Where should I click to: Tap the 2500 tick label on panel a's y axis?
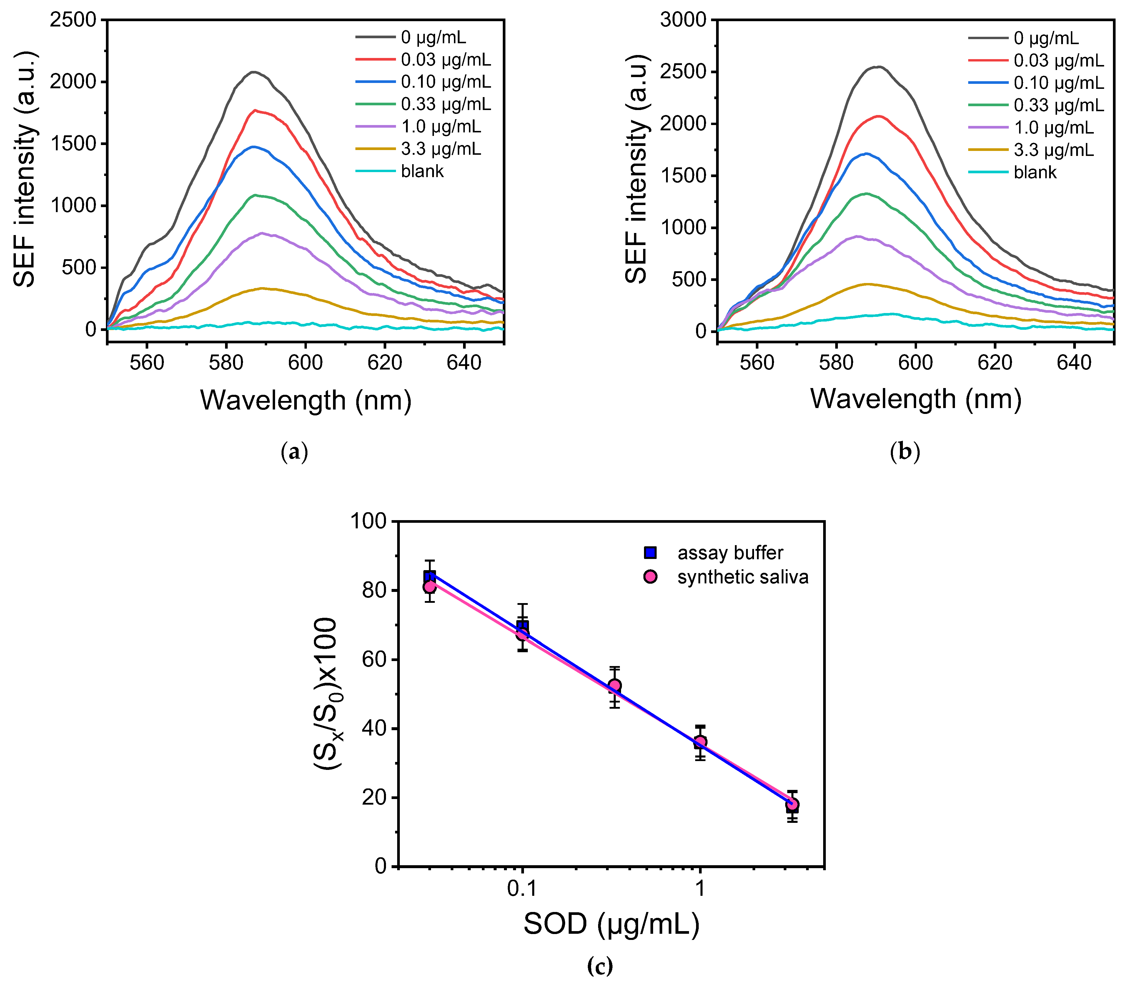(73, 20)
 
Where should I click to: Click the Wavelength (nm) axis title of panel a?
(305, 401)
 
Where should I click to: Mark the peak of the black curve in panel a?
(253, 72)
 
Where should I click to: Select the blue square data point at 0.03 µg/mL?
(430, 576)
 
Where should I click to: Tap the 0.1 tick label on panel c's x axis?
(522, 888)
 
